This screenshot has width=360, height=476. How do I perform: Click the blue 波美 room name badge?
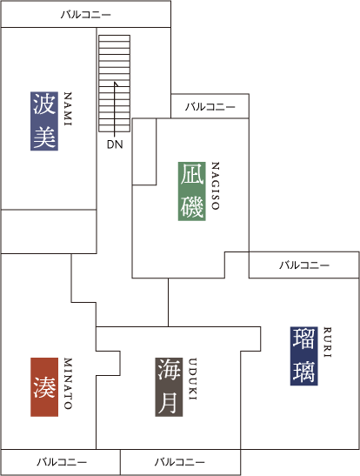44,121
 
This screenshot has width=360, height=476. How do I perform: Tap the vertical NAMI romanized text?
68,109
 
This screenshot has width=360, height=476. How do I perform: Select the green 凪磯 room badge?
192,191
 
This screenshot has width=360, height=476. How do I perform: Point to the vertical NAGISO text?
215,185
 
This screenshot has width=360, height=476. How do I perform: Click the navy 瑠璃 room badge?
303,356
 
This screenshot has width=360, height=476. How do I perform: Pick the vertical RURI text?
327,342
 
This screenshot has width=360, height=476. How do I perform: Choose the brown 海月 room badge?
169,387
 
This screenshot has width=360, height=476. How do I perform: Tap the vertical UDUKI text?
192,379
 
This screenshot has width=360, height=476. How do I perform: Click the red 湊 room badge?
44,387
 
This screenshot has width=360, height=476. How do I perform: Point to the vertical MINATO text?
68,384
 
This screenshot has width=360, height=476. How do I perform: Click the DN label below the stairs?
115,144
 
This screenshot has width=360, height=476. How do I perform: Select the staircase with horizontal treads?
114,84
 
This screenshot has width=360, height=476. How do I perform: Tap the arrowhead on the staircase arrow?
116,84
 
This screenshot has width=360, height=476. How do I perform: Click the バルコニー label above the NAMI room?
86,14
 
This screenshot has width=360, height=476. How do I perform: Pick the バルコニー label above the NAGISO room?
210,106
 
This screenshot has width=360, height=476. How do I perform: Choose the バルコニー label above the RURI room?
304,265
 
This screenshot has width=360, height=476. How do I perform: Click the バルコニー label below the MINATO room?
62,462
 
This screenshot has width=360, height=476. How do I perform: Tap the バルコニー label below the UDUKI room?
180,462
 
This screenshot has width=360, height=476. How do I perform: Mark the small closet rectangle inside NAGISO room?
144,151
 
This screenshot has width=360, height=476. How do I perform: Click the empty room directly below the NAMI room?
49,231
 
